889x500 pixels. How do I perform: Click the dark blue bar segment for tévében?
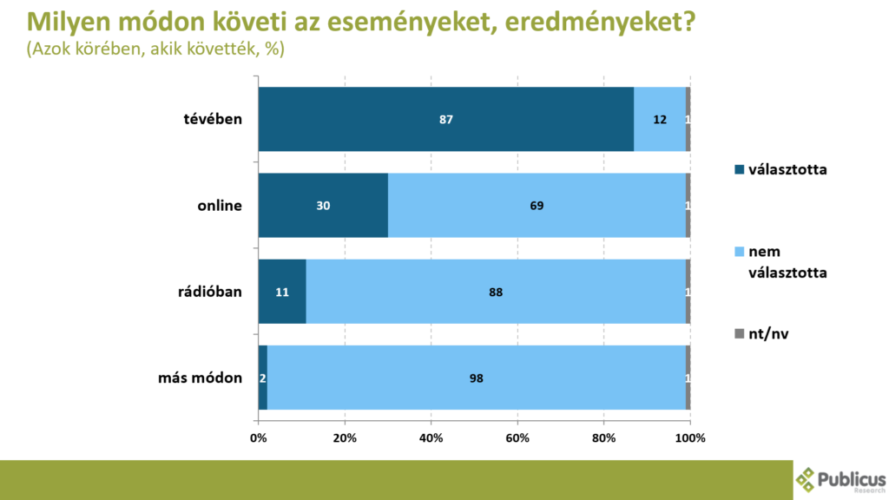click(445, 120)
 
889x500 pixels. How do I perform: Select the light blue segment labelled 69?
click(537, 206)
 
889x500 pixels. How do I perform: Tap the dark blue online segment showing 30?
click(323, 206)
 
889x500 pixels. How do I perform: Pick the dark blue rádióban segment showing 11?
click(282, 292)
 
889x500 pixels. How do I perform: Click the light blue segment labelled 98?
click(476, 378)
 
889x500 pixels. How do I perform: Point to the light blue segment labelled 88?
click(495, 292)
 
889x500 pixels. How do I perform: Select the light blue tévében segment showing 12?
click(660, 120)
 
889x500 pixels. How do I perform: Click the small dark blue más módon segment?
click(263, 378)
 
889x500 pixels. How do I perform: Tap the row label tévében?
click(212, 120)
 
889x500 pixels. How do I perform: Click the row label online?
click(220, 206)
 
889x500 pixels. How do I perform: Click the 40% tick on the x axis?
click(431, 437)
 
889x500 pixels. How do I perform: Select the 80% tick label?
click(604, 437)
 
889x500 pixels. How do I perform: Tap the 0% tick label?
click(259, 437)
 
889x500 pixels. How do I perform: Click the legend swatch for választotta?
click(740, 170)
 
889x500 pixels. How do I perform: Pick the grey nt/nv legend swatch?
click(740, 333)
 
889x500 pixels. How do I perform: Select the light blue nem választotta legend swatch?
click(740, 252)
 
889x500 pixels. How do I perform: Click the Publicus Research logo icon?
click(807, 478)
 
